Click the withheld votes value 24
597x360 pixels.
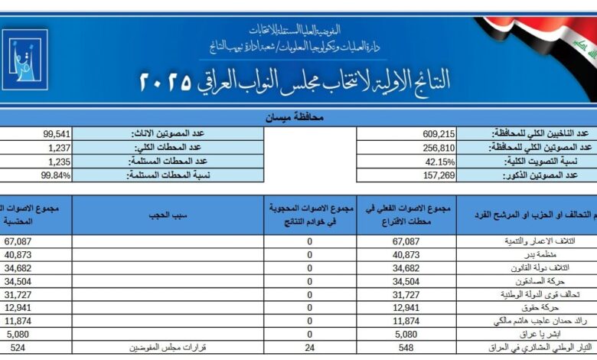click(x=310, y=347)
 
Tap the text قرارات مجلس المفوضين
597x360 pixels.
click(x=170, y=347)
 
